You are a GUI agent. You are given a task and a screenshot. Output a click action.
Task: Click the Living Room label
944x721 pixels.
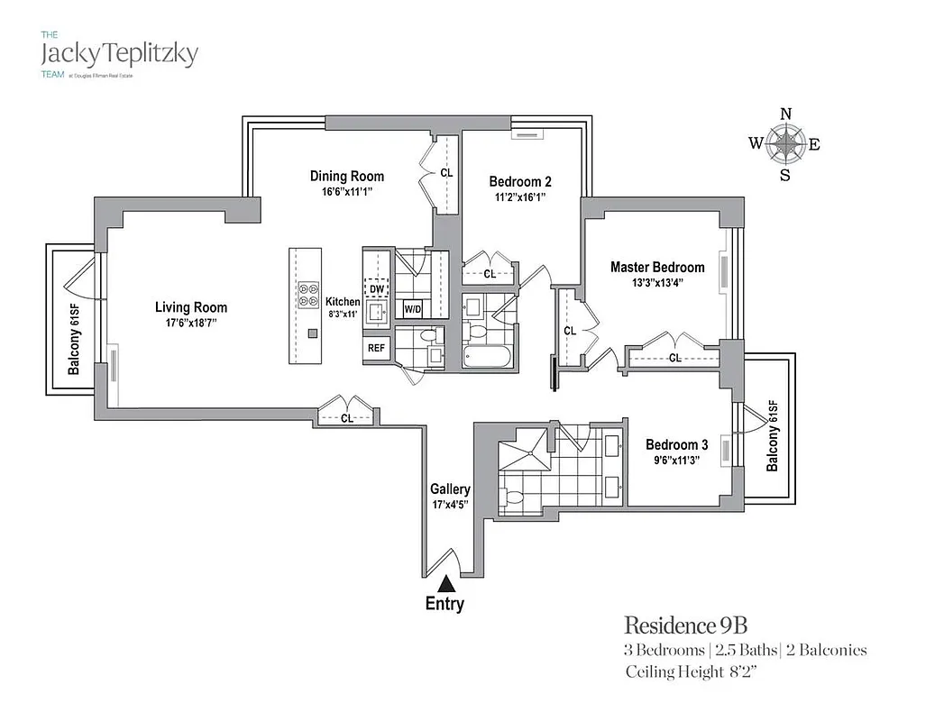pyautogui.click(x=191, y=307)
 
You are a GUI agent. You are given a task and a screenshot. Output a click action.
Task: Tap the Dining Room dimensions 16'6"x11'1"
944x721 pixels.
pyautogui.click(x=346, y=192)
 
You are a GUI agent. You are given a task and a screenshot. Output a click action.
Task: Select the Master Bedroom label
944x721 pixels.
pyautogui.click(x=657, y=267)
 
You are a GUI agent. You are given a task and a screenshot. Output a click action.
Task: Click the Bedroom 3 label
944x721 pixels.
pyautogui.click(x=676, y=444)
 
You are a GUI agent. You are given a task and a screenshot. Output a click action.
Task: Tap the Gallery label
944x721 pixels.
pyautogui.click(x=450, y=489)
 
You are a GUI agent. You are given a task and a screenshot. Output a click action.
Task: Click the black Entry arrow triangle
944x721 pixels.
pyautogui.click(x=445, y=586)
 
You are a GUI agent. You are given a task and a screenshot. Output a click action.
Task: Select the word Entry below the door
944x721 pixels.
pyautogui.click(x=445, y=604)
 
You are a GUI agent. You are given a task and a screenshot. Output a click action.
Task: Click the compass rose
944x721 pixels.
pyautogui.click(x=785, y=143)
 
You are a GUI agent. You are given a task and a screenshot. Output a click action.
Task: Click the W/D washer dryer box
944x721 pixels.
pyautogui.click(x=413, y=309)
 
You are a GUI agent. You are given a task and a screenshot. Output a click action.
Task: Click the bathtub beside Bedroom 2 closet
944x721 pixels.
pyautogui.click(x=487, y=357)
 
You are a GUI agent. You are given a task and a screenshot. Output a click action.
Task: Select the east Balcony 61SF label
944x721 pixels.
pyautogui.click(x=772, y=435)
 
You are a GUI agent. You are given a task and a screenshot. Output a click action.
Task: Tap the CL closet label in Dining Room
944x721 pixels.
pyautogui.click(x=446, y=172)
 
